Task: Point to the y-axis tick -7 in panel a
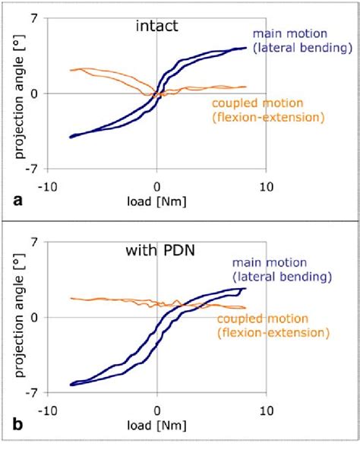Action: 33,169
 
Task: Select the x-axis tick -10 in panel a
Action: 47,185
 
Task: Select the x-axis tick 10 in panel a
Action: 265,185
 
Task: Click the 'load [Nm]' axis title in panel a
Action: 156,202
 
